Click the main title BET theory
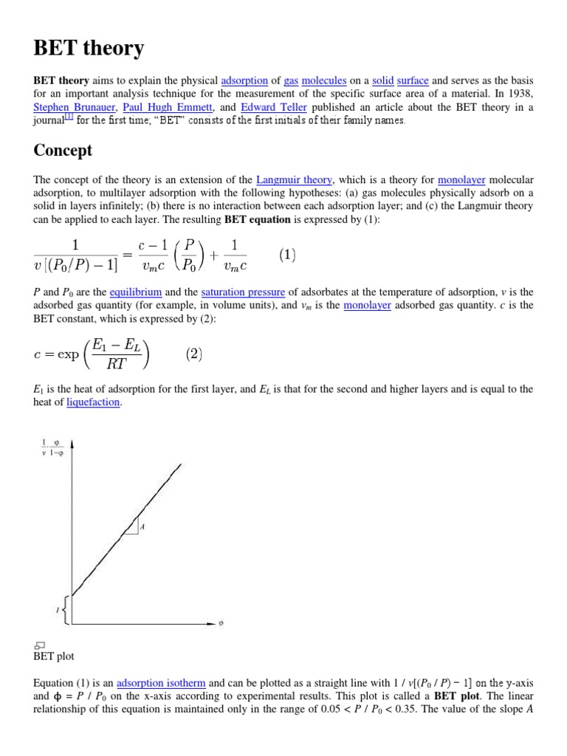click(89, 49)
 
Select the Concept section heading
click(63, 151)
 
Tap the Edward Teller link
click(273, 107)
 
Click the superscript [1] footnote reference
click(69, 117)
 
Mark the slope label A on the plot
click(141, 526)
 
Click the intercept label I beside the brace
click(57, 610)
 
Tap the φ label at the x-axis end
click(221, 623)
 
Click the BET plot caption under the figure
click(54, 656)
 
